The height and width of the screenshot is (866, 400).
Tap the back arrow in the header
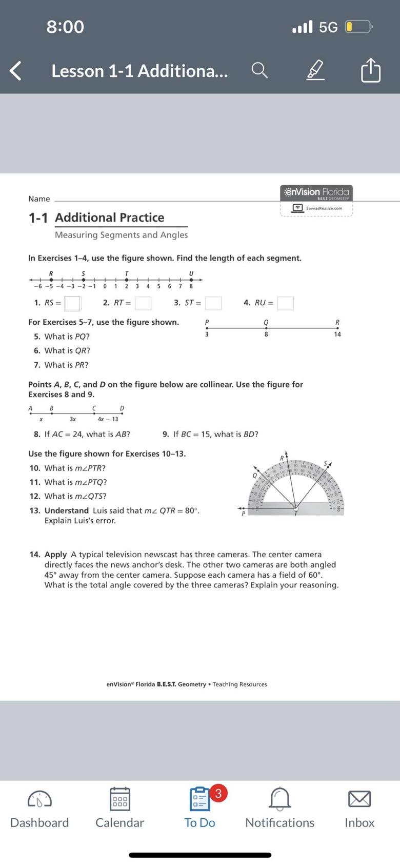coord(16,71)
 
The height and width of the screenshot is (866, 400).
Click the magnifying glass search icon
coord(259,71)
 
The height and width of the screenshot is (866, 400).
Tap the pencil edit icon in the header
coord(315,70)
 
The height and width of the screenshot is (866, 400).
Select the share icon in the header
coord(371,70)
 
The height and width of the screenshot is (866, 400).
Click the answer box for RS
coord(72,303)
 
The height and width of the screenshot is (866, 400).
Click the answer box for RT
coord(143,303)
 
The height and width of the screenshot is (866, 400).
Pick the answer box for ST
coord(213,303)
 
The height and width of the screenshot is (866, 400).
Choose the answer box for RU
coord(286,303)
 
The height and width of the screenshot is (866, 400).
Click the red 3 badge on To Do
coord(218,793)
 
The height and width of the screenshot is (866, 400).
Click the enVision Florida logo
coord(316,193)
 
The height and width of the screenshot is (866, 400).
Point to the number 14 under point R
coord(337,334)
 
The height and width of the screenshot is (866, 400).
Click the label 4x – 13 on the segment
coord(108,419)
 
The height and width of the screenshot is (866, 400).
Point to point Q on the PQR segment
coord(266,328)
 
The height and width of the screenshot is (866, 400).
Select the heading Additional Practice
coord(110,218)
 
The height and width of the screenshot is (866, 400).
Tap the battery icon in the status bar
coord(358,27)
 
